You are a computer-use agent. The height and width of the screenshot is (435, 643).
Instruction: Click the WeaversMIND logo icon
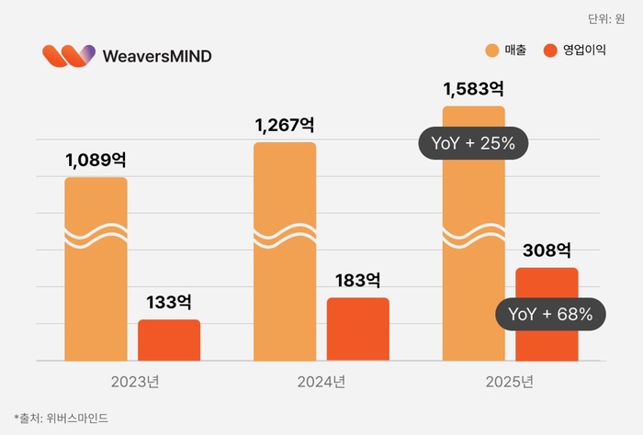click(x=69, y=55)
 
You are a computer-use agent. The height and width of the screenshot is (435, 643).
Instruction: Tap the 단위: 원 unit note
click(x=605, y=18)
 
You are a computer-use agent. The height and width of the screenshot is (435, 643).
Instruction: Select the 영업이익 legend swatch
click(x=552, y=50)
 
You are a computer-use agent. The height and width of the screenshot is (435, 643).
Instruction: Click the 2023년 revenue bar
click(x=96, y=275)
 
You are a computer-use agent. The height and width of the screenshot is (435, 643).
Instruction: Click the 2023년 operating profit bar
click(x=169, y=340)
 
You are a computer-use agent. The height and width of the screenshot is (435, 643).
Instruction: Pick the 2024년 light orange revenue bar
click(x=285, y=257)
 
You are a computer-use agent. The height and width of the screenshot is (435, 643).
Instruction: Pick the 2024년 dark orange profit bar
click(x=358, y=329)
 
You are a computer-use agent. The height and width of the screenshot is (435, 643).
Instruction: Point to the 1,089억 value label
click(x=96, y=160)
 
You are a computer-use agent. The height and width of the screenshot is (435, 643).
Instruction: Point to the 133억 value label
click(x=169, y=302)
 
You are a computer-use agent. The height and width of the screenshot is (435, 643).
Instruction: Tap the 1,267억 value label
click(x=285, y=125)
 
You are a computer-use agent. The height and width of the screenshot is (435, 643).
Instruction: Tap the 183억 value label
click(x=358, y=280)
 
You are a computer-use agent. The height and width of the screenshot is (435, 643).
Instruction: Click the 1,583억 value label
click(x=473, y=89)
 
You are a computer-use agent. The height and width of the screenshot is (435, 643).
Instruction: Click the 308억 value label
click(x=547, y=250)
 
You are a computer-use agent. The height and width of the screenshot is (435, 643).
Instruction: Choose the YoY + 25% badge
click(x=473, y=143)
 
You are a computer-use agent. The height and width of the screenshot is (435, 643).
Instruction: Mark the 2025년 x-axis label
click(x=510, y=381)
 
